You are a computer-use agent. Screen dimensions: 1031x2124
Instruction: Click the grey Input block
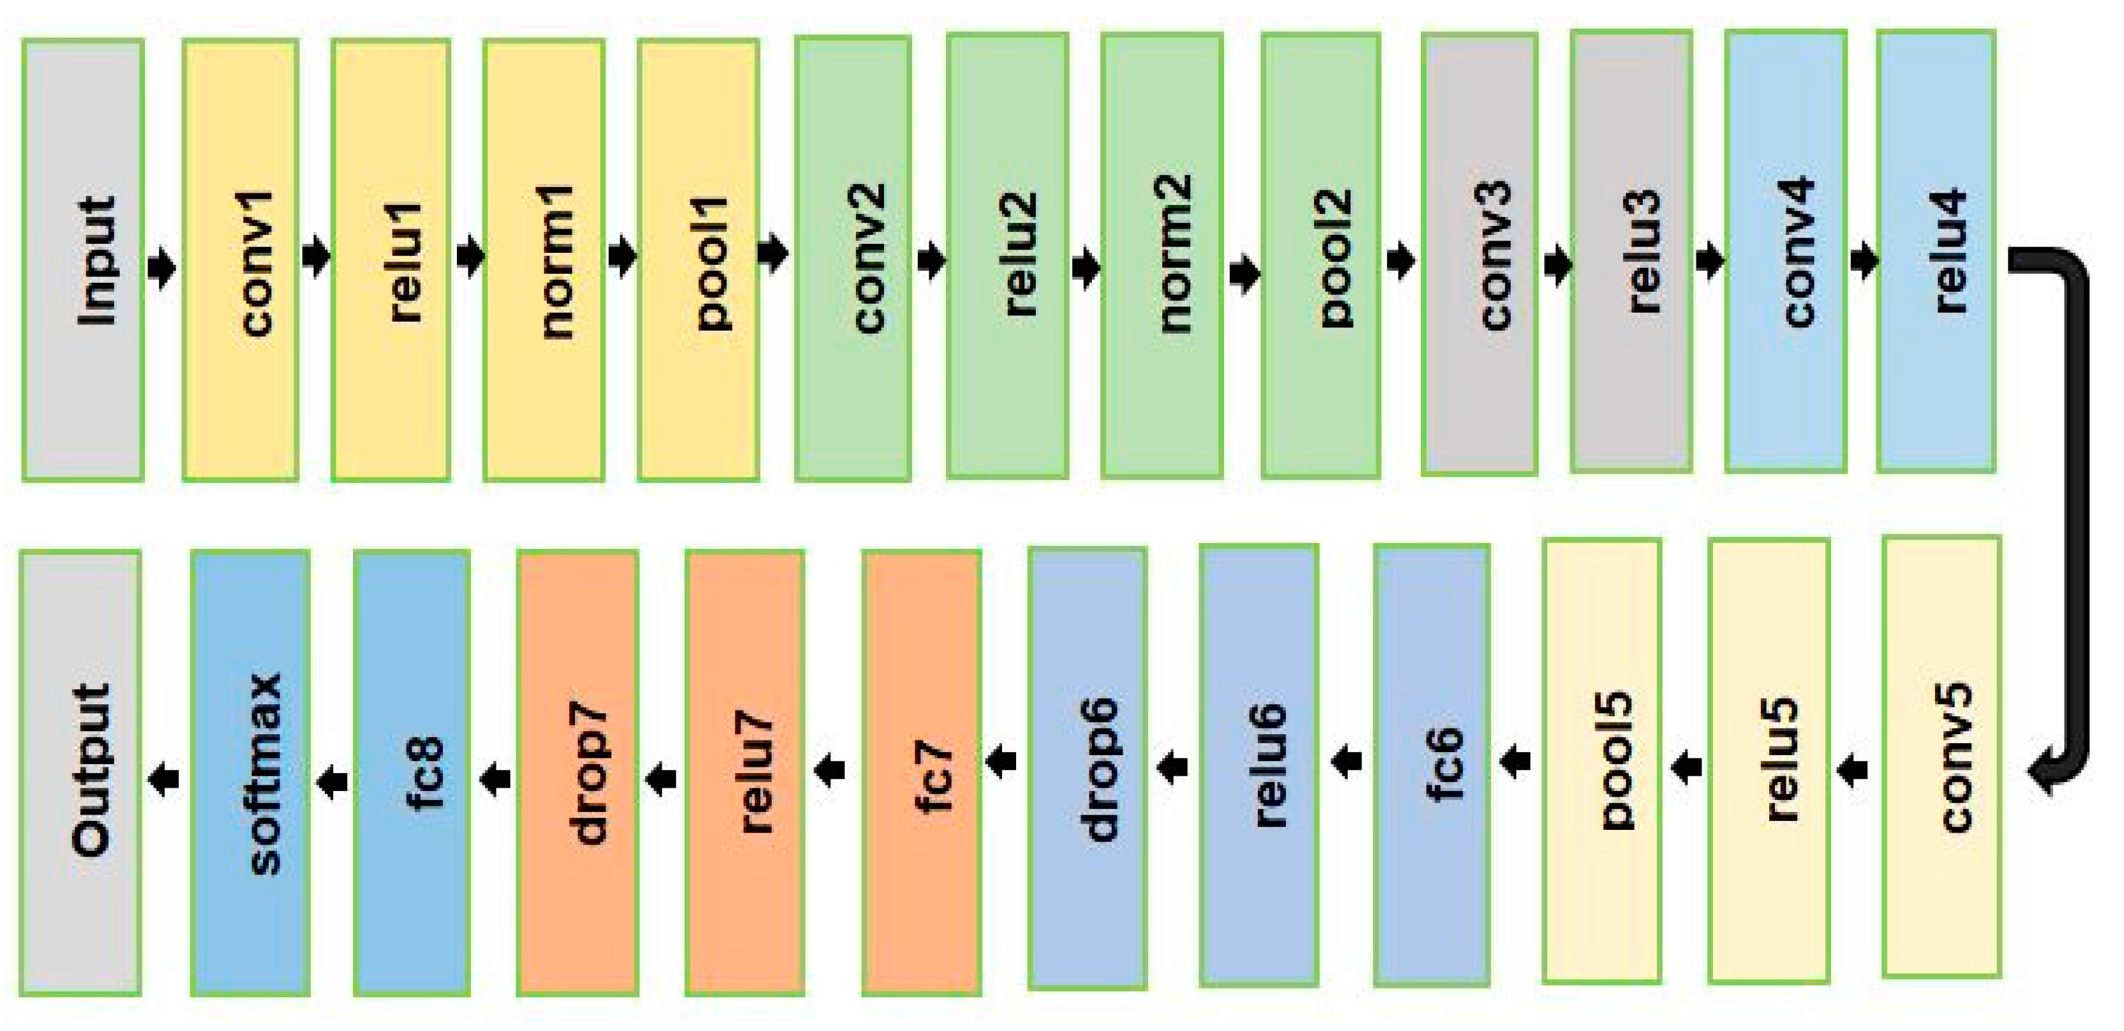tap(82, 260)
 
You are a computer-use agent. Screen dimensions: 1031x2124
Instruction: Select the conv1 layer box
tap(240, 260)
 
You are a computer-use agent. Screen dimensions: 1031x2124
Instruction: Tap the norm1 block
tap(543, 260)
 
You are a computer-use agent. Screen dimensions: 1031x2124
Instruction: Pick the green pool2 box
tap(1320, 256)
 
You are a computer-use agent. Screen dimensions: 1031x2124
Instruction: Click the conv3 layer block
tap(1479, 254)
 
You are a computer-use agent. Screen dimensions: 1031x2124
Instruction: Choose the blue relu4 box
tap(1935, 252)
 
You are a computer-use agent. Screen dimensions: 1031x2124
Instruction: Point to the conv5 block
tap(1941, 756)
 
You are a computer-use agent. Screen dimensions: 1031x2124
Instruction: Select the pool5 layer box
tap(1601, 760)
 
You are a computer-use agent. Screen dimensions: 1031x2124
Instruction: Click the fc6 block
tap(1432, 765)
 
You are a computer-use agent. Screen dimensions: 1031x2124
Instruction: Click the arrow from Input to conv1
tap(163, 266)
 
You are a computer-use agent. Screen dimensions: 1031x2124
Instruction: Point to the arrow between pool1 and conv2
tap(773, 253)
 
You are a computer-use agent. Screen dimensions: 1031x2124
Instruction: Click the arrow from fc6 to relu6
tap(1347, 762)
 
